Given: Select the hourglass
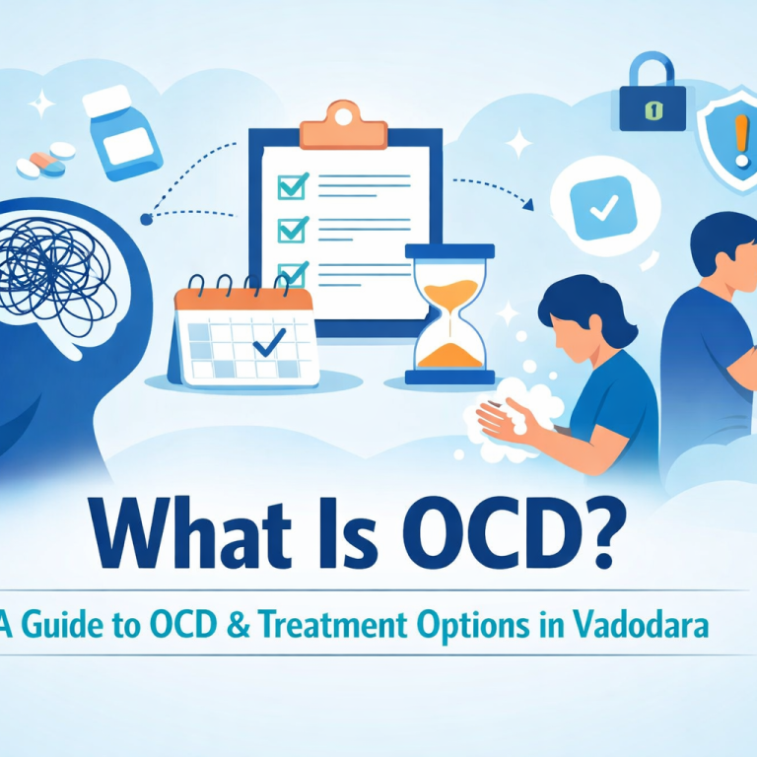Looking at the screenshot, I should (449, 313).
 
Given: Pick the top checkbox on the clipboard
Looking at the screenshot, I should (293, 184).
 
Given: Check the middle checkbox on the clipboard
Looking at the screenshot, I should (293, 229).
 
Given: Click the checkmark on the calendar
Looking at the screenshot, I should (268, 343).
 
